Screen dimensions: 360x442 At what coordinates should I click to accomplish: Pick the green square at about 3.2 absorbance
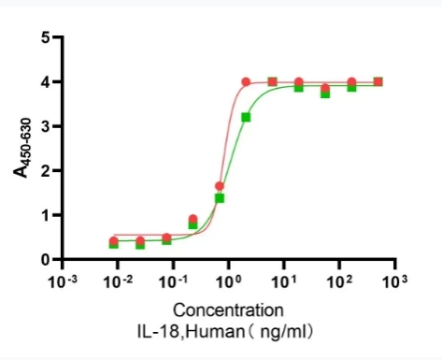coord(246,118)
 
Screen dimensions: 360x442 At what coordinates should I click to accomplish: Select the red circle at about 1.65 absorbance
coord(220,186)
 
